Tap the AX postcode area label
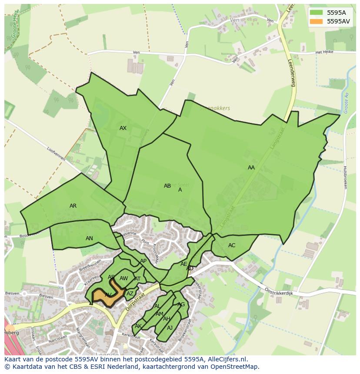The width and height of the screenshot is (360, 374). click(x=123, y=128)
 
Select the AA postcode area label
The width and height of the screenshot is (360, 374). click(x=251, y=168)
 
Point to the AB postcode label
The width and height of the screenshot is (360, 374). click(x=167, y=186)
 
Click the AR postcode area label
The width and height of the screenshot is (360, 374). click(x=73, y=206)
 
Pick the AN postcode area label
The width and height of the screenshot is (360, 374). click(x=89, y=238)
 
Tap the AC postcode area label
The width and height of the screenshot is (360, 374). click(x=232, y=245)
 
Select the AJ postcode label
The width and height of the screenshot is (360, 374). click(x=170, y=328)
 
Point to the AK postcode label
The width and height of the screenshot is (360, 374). click(x=138, y=326)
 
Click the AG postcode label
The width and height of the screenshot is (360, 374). click(x=181, y=304)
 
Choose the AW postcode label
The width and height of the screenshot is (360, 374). click(x=124, y=278)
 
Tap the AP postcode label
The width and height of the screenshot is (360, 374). click(x=143, y=261)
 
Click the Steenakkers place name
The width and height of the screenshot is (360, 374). click(x=215, y=109)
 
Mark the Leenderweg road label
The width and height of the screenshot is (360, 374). click(x=292, y=72)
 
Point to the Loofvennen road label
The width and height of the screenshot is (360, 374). click(x=56, y=153)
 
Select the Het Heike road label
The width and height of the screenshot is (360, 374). click(x=324, y=52)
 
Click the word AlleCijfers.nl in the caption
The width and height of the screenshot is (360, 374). click(x=226, y=359)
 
